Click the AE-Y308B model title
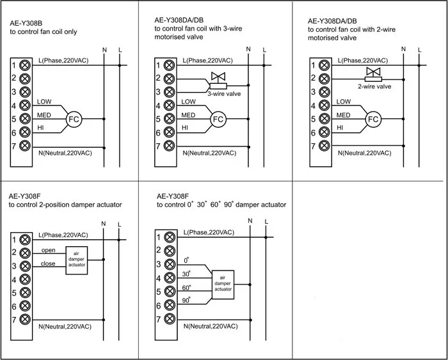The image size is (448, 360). pos(26,23)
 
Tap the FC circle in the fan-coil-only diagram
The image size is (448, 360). pos(74,120)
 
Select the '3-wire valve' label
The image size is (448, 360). pos(224,94)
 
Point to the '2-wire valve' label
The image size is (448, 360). pos(374,86)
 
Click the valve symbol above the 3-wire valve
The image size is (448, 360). pos(218,76)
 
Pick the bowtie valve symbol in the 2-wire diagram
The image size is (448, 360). pos(373,71)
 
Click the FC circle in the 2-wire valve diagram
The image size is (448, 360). pos(373,120)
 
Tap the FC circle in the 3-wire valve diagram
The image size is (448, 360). pos(218,120)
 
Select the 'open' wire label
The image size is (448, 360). pos(48,251)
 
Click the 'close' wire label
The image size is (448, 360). pos(48,263)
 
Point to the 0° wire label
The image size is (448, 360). pos(187,260)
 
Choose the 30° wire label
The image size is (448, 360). pos(186,274)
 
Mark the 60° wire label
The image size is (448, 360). pos(186,288)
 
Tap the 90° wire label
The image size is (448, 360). pos(186,301)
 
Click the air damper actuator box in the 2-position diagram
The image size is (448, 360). pos(77,261)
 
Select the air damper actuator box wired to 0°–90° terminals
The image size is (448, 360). pos(223,285)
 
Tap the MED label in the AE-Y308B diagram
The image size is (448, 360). pos(44,115)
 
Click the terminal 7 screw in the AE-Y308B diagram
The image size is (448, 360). pos(25,146)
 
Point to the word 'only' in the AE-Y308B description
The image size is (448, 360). pos(70,32)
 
